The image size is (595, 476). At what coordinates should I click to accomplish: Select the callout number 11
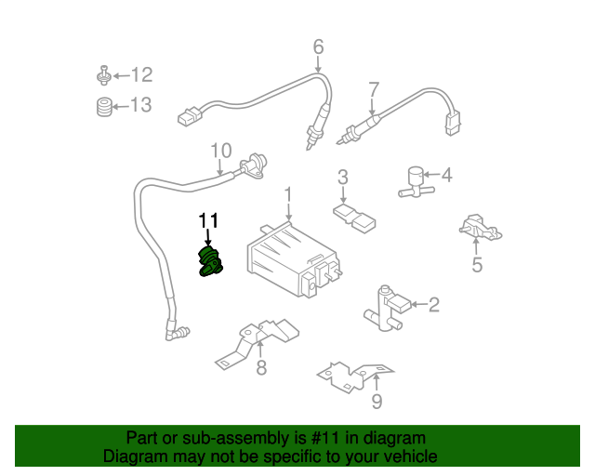pyautogui.click(x=208, y=220)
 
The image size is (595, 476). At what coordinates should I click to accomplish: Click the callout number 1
pyautogui.click(x=288, y=193)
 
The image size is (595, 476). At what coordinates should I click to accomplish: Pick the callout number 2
pyautogui.click(x=434, y=303)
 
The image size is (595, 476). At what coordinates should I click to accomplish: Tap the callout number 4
pyautogui.click(x=446, y=175)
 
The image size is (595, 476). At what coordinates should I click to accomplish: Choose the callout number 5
pyautogui.click(x=476, y=266)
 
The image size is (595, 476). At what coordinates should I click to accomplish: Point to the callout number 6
pyautogui.click(x=318, y=46)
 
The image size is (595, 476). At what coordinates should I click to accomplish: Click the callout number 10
pyautogui.click(x=219, y=150)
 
